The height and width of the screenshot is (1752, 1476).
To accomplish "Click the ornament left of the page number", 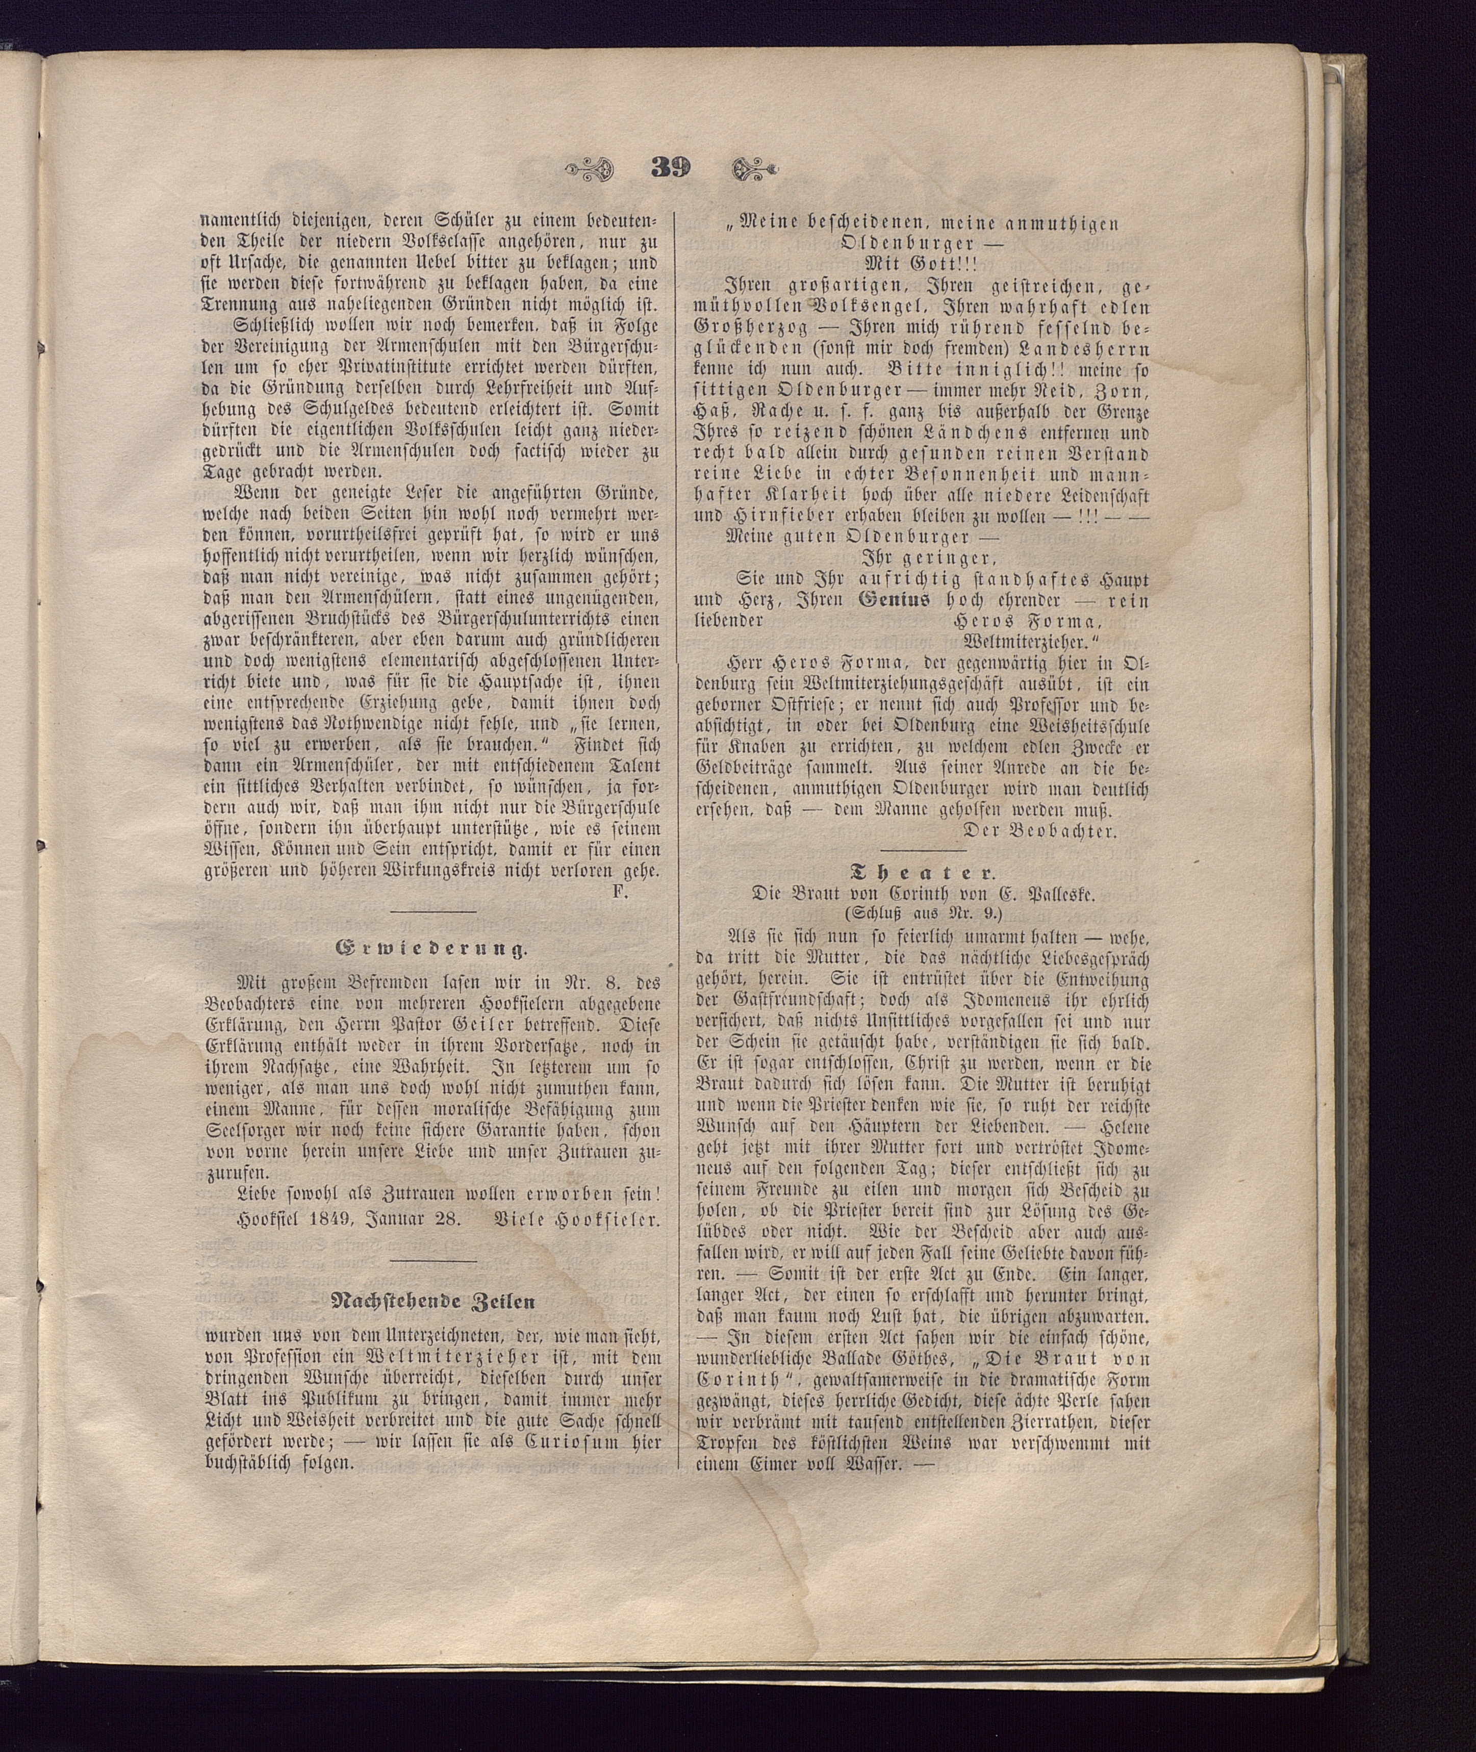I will click(591, 169).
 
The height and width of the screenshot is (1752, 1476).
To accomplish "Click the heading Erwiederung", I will click(432, 948).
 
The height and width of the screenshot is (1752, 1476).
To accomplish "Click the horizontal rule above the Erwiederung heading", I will click(432, 911).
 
